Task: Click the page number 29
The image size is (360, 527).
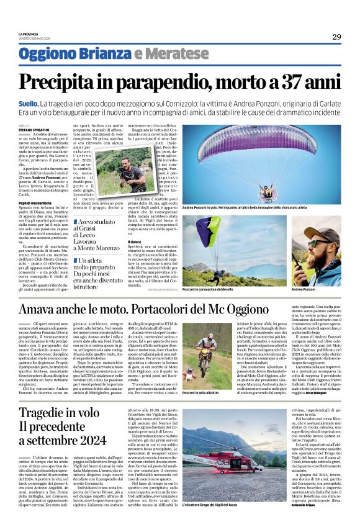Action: click(336, 37)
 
